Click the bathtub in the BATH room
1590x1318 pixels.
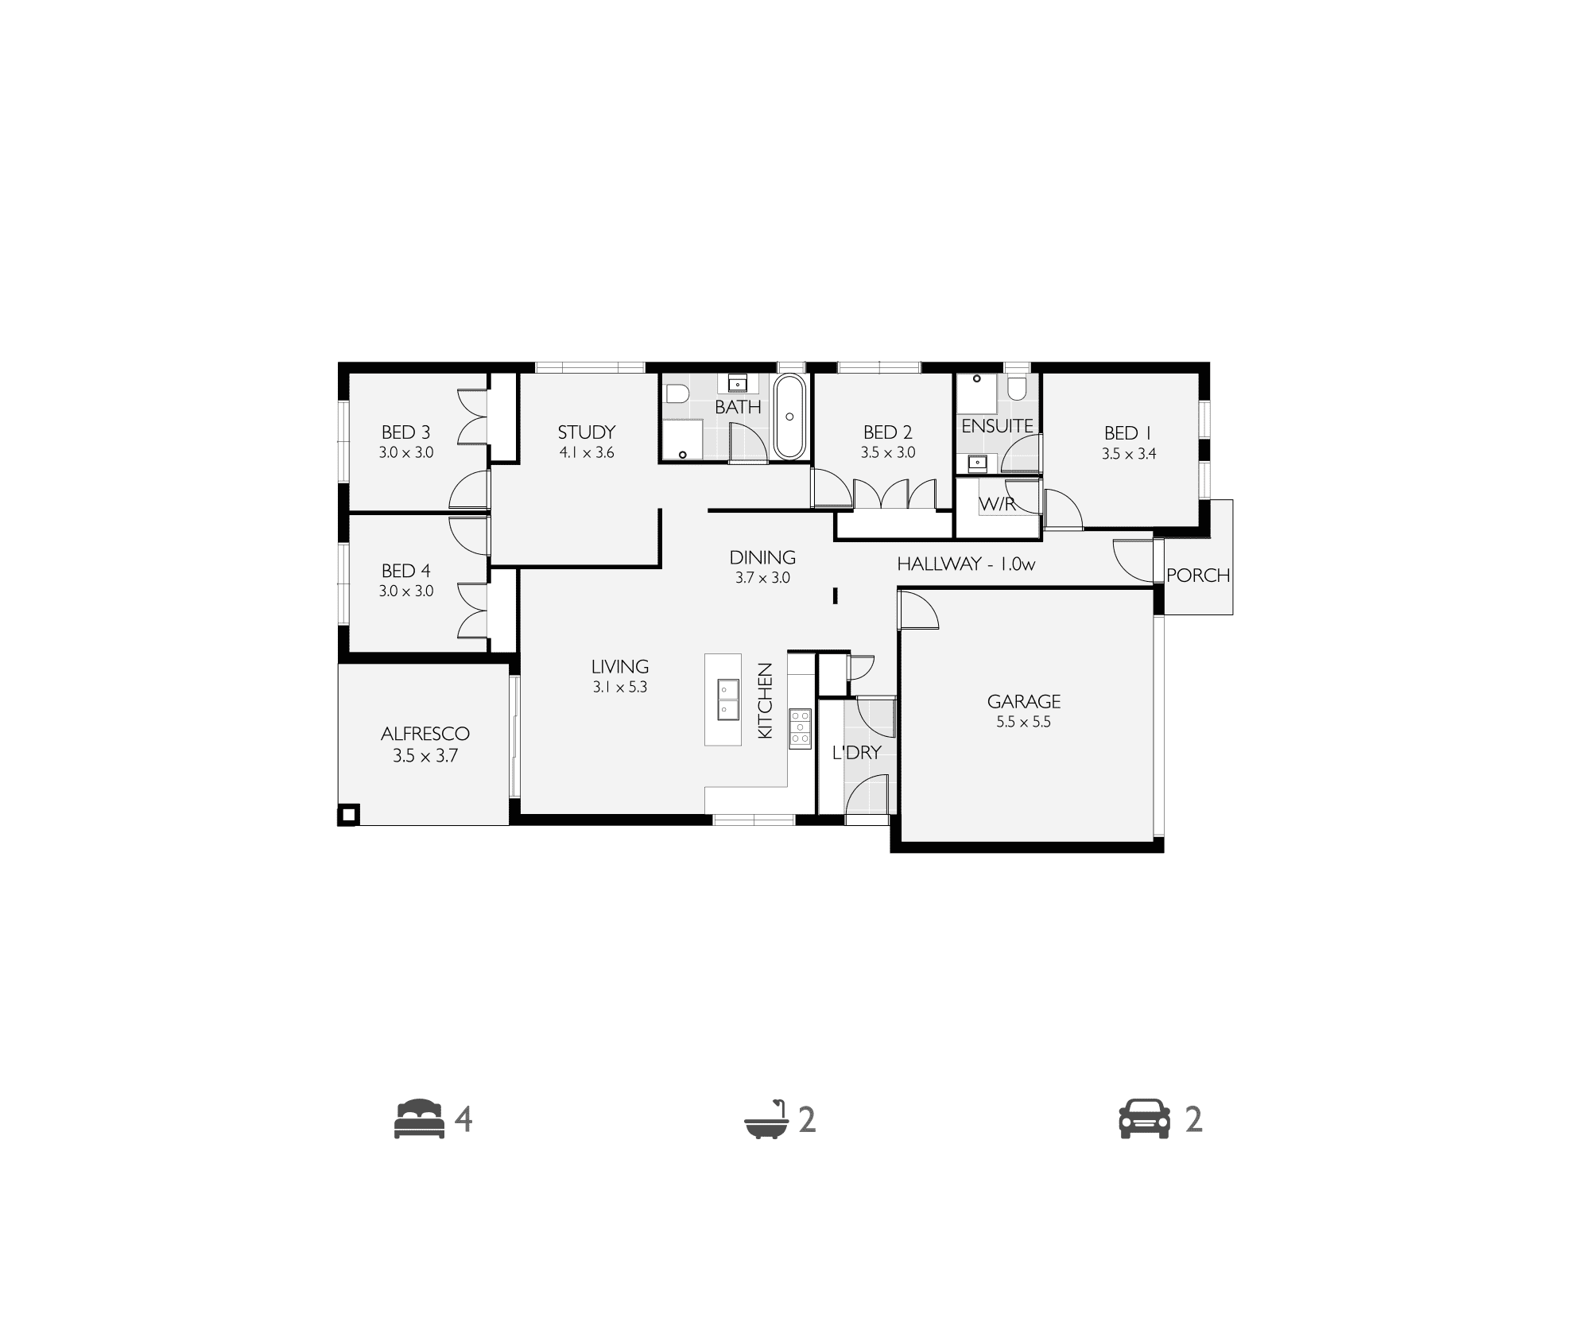point(789,417)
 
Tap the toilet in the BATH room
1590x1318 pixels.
point(677,394)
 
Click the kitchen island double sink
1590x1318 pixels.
point(727,699)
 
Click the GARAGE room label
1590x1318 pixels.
point(1024,702)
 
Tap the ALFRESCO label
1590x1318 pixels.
point(425,734)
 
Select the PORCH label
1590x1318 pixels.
point(1198,575)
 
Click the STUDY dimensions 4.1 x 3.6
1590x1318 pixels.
point(587,453)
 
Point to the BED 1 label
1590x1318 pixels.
point(1127,433)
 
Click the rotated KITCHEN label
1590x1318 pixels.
point(765,701)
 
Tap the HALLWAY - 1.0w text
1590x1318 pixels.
point(966,564)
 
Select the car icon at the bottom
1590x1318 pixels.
point(1145,1119)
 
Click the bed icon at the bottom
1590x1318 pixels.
point(420,1119)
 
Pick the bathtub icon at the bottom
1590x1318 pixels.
point(766,1120)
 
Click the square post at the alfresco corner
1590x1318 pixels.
point(349,815)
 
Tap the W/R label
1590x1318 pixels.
point(997,504)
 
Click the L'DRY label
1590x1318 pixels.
point(857,752)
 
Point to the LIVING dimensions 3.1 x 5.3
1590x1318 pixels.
point(620,688)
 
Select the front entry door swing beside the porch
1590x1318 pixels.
point(1133,560)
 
